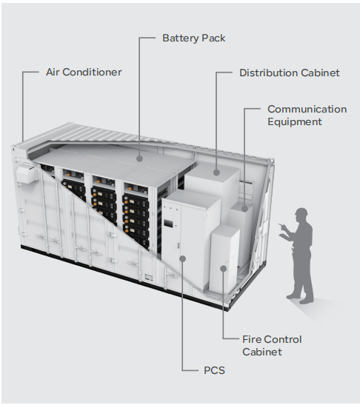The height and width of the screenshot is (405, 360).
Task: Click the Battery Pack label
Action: [x=194, y=39]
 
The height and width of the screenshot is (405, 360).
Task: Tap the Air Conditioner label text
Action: [x=84, y=73]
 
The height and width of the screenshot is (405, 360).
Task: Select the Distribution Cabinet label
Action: [x=290, y=73]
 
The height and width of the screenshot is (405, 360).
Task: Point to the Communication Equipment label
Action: [x=307, y=116]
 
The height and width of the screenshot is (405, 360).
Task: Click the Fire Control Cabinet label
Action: [x=272, y=346]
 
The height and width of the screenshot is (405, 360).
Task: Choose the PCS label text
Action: [x=214, y=370]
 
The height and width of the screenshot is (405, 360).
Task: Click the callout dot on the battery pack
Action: [x=139, y=158]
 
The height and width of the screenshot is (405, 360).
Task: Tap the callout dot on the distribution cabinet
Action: [x=216, y=173]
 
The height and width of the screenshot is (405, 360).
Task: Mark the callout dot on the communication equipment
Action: [x=244, y=209]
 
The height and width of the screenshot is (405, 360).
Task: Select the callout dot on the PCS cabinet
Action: [x=183, y=258]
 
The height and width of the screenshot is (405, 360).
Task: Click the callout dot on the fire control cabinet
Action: [x=224, y=269]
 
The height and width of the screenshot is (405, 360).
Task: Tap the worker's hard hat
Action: [x=301, y=212]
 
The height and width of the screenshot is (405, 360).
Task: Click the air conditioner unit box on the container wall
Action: [x=27, y=175]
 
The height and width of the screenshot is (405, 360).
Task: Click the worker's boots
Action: [x=300, y=298]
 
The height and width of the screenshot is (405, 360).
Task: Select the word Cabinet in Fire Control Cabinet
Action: [x=262, y=352]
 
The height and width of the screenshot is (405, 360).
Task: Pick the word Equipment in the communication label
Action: [x=295, y=121]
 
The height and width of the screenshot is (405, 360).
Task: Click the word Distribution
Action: [x=268, y=73]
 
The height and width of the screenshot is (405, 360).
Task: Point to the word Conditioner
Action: [x=92, y=73]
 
